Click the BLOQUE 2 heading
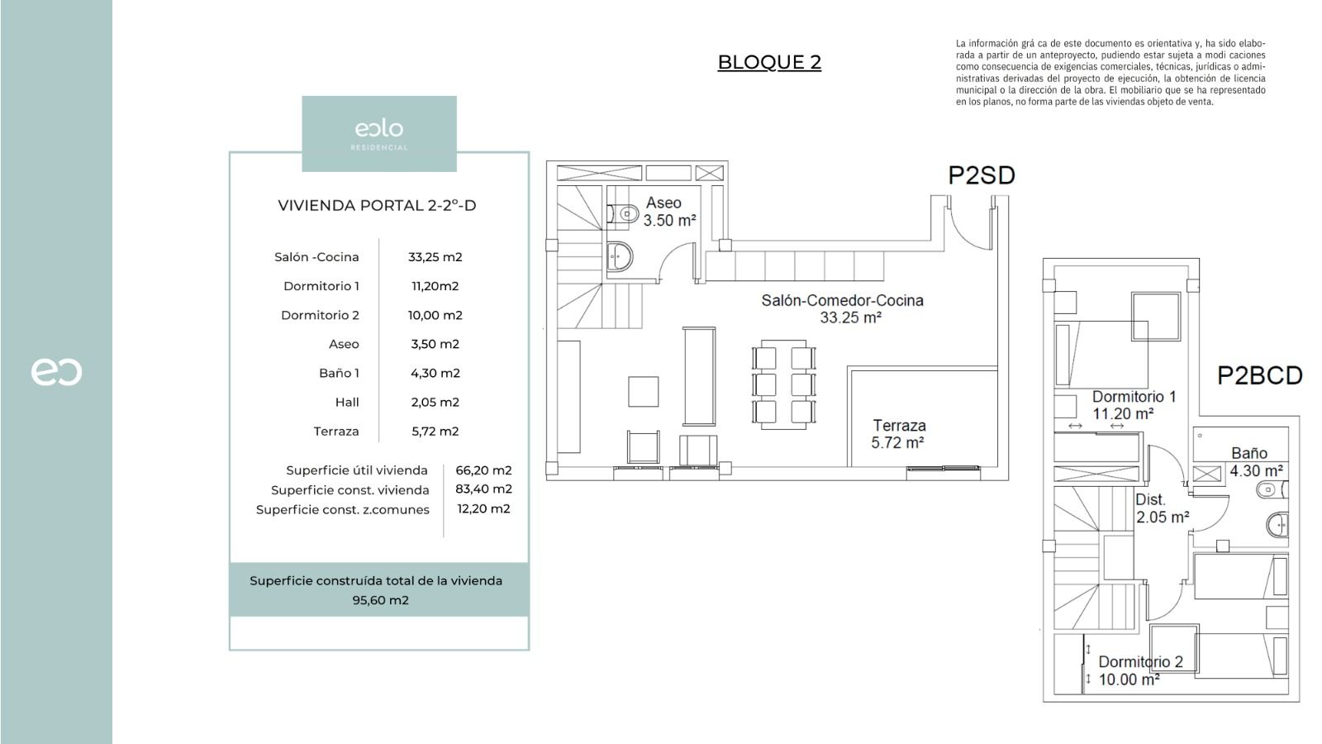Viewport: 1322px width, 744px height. pos(769,62)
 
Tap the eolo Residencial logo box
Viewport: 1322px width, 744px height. pos(379,133)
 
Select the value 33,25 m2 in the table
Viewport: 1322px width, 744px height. pos(435,257)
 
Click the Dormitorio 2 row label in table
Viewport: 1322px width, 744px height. pos(320,315)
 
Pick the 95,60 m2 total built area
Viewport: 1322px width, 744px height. pos(380,600)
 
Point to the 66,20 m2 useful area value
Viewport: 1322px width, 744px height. pos(483,470)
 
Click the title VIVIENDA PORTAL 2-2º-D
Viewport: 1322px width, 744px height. pos(377,206)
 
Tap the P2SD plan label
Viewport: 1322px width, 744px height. pos(981,175)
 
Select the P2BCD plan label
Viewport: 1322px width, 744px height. pos(1259,376)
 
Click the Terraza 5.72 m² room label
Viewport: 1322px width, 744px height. pos(898,434)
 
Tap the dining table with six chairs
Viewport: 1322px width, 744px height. pos(783,384)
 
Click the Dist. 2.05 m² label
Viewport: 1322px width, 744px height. pos(1161,508)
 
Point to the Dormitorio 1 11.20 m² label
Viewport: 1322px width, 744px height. pos(1133,405)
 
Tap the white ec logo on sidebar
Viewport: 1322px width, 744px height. pos(56,372)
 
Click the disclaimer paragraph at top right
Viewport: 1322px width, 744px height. pos(1110,73)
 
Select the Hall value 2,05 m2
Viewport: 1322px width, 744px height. pos(435,403)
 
